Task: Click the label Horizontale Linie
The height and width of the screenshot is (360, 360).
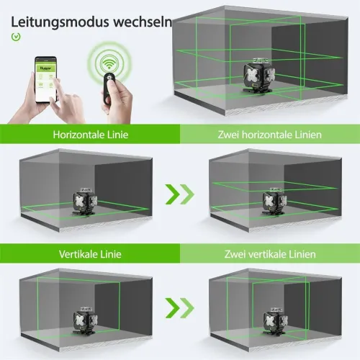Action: click(x=88, y=135)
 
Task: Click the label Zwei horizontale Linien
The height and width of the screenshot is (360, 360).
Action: click(x=269, y=135)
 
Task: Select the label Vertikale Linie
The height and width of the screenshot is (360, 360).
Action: click(x=90, y=254)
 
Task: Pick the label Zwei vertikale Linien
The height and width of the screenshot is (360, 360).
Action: click(x=269, y=254)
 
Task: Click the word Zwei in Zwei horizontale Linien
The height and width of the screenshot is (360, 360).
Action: click(x=229, y=135)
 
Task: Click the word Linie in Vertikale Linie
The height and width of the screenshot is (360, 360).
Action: click(x=110, y=254)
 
